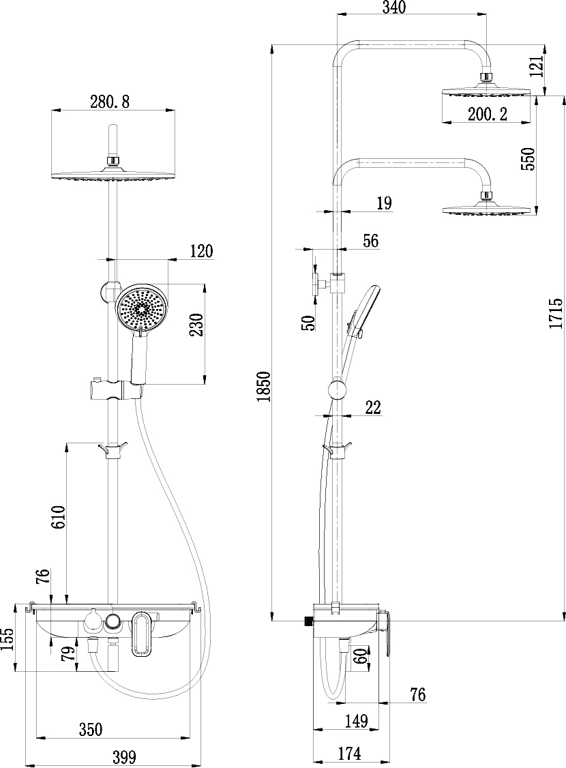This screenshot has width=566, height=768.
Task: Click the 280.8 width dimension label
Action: (110, 102)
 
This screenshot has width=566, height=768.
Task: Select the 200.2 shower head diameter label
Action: (487, 115)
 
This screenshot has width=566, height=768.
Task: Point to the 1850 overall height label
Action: (264, 387)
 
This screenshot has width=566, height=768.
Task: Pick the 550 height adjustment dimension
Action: (528, 159)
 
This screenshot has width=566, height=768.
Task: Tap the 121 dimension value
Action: (537, 66)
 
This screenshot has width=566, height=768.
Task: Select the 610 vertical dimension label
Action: (58, 517)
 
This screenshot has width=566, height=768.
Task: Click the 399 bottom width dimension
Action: (124, 756)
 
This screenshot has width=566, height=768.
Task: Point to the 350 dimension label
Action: (90, 729)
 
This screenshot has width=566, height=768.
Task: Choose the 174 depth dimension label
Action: (348, 753)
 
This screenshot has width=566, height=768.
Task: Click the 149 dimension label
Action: (356, 720)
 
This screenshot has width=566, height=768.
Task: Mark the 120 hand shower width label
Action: (200, 251)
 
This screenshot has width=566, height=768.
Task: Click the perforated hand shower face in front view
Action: (142, 308)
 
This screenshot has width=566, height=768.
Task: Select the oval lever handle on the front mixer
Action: (140, 634)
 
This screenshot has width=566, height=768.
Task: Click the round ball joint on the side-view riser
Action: (337, 389)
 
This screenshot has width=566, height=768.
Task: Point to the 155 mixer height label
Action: (8, 641)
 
